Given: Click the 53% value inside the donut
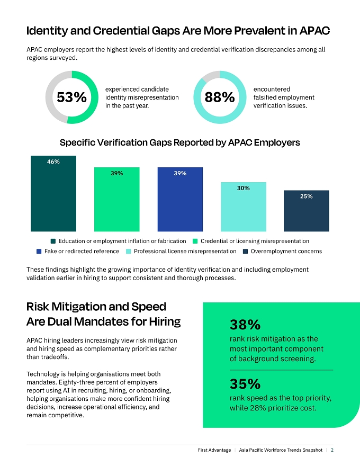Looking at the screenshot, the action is point(71,97).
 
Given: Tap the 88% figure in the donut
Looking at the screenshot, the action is point(220,97).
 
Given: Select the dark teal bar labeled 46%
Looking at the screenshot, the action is point(53,193).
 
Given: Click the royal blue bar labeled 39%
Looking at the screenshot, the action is point(180,199).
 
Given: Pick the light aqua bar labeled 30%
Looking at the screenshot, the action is point(244,207).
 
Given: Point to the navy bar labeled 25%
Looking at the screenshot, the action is point(306,211).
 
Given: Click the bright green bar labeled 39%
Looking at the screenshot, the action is point(116,199).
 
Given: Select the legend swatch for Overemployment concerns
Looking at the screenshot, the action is point(245,252).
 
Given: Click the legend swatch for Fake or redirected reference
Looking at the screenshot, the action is point(39,252).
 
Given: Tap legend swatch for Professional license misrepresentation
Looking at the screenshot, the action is point(128,252).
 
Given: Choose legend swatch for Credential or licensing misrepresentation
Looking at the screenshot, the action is point(195,241).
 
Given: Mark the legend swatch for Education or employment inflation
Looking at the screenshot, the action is point(53,241).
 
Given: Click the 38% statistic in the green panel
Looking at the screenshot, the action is point(245,325).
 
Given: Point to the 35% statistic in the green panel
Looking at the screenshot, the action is point(245,384).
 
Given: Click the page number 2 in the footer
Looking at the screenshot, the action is point(332,450).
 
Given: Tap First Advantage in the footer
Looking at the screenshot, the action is point(214,450).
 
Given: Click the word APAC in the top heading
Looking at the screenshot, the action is point(314,31).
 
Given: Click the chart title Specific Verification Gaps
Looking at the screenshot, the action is point(179,142).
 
